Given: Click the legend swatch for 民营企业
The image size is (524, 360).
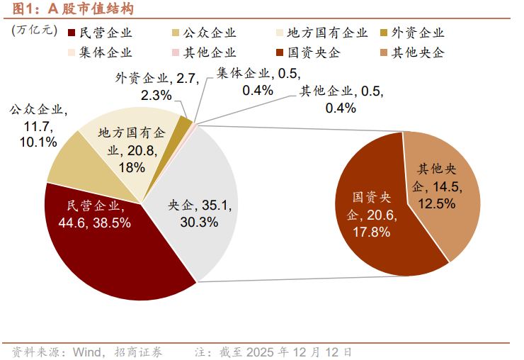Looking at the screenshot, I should pyautogui.click(x=72, y=33).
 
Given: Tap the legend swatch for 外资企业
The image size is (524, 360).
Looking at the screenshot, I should pyautogui.click(x=384, y=33).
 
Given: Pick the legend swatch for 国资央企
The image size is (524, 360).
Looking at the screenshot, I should pyautogui.click(x=280, y=52).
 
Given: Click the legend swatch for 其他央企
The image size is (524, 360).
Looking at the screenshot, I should pyautogui.click(x=384, y=52).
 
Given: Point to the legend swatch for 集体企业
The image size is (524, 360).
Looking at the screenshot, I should pyautogui.click(x=72, y=52).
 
